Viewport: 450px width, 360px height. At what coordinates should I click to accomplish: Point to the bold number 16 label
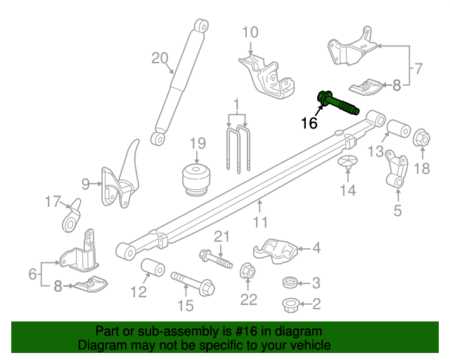309,124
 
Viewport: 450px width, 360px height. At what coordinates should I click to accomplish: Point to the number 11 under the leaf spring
261,223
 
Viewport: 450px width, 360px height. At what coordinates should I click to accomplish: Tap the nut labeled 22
247,271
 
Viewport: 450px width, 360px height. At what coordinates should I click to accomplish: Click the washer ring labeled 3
288,283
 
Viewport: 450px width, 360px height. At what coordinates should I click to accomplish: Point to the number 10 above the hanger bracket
250,32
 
